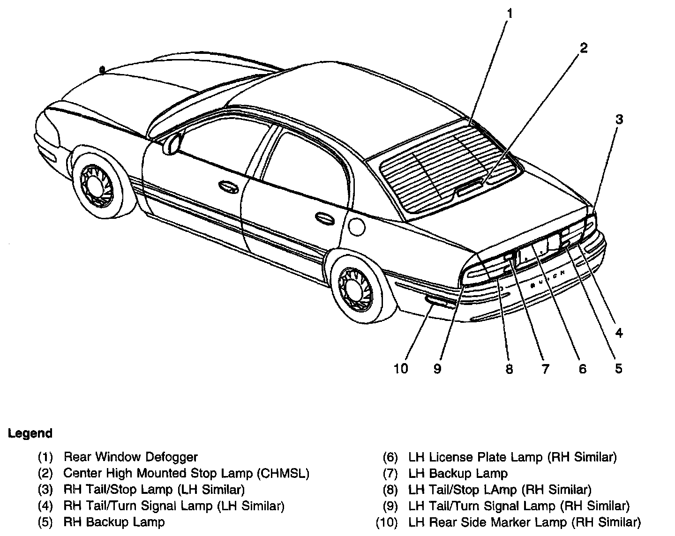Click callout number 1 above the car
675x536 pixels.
pyautogui.click(x=510, y=14)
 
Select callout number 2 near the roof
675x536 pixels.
pyautogui.click(x=583, y=48)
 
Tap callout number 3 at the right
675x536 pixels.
pyautogui.click(x=619, y=119)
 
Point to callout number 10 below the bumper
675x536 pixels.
pyautogui.click(x=401, y=369)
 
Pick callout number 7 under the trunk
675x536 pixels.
pyautogui.click(x=545, y=369)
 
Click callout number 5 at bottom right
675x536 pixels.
pyautogui.click(x=618, y=369)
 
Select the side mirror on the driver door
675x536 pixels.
pyautogui.click(x=172, y=143)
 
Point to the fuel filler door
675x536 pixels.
pyautogui.click(x=357, y=226)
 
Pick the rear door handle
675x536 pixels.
pyautogui.click(x=324, y=217)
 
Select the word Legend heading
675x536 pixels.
pyautogui.click(x=30, y=433)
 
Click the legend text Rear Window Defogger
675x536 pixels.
pyautogui.click(x=131, y=457)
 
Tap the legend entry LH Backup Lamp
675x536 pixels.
pyautogui.click(x=457, y=473)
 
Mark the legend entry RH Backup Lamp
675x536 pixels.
pyautogui.click(x=114, y=522)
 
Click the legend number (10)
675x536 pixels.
pyautogui.click(x=387, y=522)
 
